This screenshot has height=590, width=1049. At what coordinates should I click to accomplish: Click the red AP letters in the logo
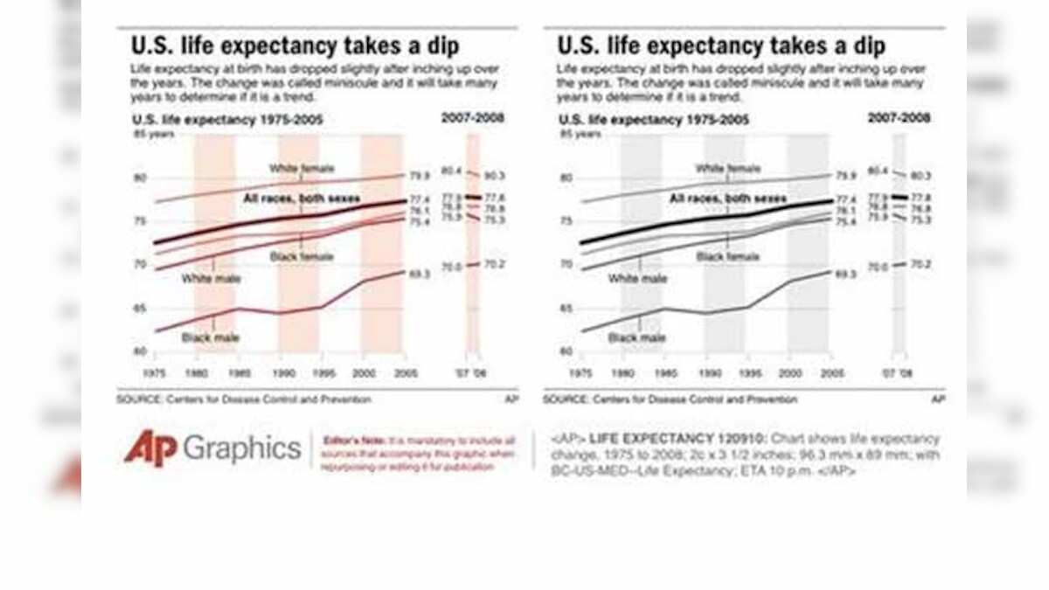pyautogui.click(x=150, y=448)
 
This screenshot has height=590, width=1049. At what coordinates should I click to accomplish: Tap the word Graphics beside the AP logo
pyautogui.click(x=241, y=449)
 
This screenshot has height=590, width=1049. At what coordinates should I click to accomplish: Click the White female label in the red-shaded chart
pyautogui.click(x=302, y=168)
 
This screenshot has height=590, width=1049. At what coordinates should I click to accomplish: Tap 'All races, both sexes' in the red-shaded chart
pyautogui.click(x=302, y=199)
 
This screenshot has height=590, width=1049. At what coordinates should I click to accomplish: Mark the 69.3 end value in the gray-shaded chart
pyautogui.click(x=845, y=274)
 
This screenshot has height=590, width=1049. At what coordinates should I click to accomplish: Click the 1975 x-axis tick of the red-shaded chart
pyautogui.click(x=155, y=373)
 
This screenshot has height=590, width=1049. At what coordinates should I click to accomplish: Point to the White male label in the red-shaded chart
pyautogui.click(x=211, y=279)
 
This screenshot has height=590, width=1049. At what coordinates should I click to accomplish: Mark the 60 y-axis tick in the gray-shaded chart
pyautogui.click(x=566, y=351)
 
